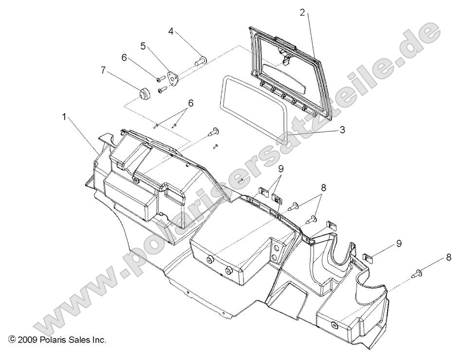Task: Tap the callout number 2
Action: [302, 13]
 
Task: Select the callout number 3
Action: [342, 130]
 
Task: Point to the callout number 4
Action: [171, 32]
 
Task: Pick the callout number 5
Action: [143, 46]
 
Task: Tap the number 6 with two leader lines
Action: [191, 103]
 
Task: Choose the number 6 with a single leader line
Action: [124, 57]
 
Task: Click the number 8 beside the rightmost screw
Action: [448, 257]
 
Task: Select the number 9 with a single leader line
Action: [399, 243]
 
